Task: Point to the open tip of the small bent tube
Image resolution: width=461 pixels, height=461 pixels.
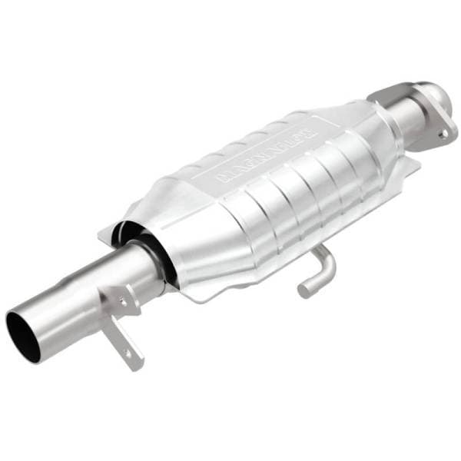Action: pos(305,291)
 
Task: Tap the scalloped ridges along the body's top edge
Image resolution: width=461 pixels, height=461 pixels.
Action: pos(254,134)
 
